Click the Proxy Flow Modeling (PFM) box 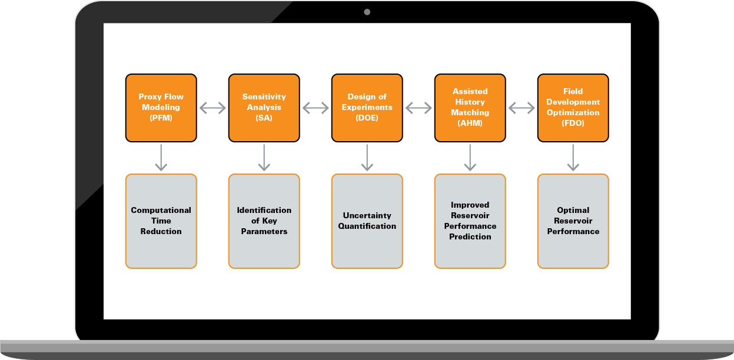click(x=161, y=108)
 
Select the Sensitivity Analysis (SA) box click(x=264, y=108)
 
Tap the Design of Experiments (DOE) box click(x=367, y=108)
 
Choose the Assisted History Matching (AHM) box click(x=470, y=108)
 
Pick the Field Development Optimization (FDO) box click(x=573, y=108)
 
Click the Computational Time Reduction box click(x=161, y=221)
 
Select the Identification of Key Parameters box click(x=264, y=221)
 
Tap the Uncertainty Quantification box click(x=367, y=221)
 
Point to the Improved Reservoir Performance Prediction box click(x=470, y=221)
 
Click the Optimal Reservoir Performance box click(x=573, y=221)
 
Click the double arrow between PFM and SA click(x=212, y=108)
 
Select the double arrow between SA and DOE click(x=315, y=108)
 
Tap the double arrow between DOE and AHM click(x=419, y=108)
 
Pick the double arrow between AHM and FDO click(x=522, y=108)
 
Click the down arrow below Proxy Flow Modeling click(x=161, y=158)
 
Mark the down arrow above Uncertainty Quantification click(x=367, y=158)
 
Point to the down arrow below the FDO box click(x=573, y=158)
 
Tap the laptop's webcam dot click(x=367, y=12)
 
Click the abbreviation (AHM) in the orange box click(x=470, y=123)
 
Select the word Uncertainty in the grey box click(x=367, y=215)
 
